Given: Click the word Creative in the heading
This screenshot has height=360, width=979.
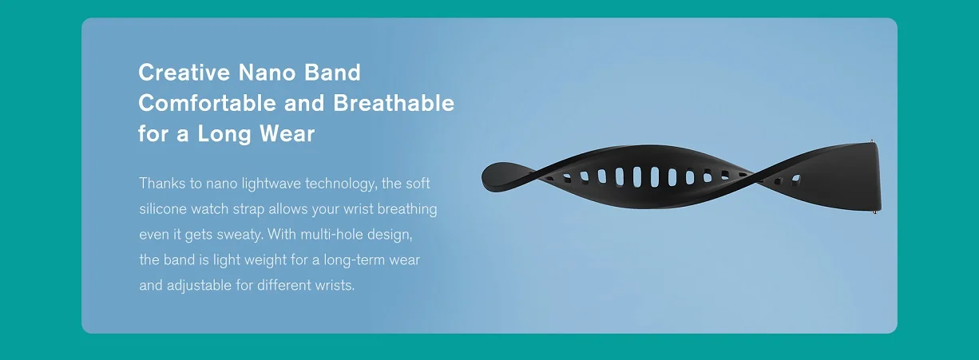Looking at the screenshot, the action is pos(184,73).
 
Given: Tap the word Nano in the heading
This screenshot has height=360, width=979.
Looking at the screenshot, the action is pos(267,73).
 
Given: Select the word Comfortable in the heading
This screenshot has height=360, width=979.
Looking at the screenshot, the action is pos(207,104).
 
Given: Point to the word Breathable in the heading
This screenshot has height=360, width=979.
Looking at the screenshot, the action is pos(394,104).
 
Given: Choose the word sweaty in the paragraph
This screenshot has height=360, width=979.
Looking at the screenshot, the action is pos(240,235).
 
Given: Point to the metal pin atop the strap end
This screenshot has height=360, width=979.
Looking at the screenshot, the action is pos(872,141).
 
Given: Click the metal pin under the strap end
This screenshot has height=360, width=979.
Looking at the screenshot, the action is pos(875,212).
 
